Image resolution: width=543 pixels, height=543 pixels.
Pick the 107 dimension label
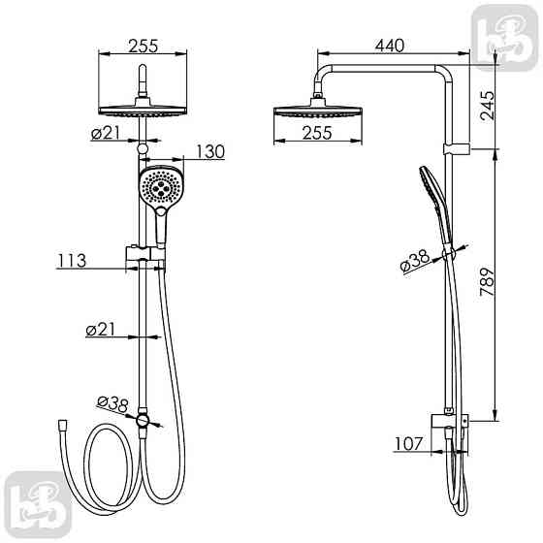coord(408,446)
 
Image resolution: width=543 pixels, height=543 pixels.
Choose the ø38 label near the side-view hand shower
coord(416,261)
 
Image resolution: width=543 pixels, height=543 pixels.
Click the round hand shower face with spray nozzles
coord(159,188)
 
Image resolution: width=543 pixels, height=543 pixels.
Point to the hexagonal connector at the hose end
coord(63,425)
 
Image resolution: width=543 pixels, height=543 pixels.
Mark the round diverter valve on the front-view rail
coord(144,420)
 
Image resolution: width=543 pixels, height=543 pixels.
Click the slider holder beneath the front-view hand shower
coord(144,255)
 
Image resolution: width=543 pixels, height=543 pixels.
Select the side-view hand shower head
coord(430,190)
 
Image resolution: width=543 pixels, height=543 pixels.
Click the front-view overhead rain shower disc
coord(144,109)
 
